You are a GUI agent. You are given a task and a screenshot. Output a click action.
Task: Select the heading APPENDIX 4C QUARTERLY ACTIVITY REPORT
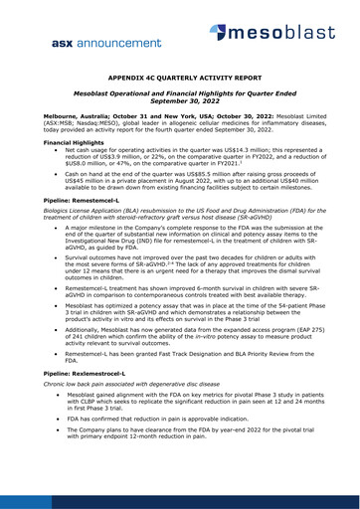pos(180,101)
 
